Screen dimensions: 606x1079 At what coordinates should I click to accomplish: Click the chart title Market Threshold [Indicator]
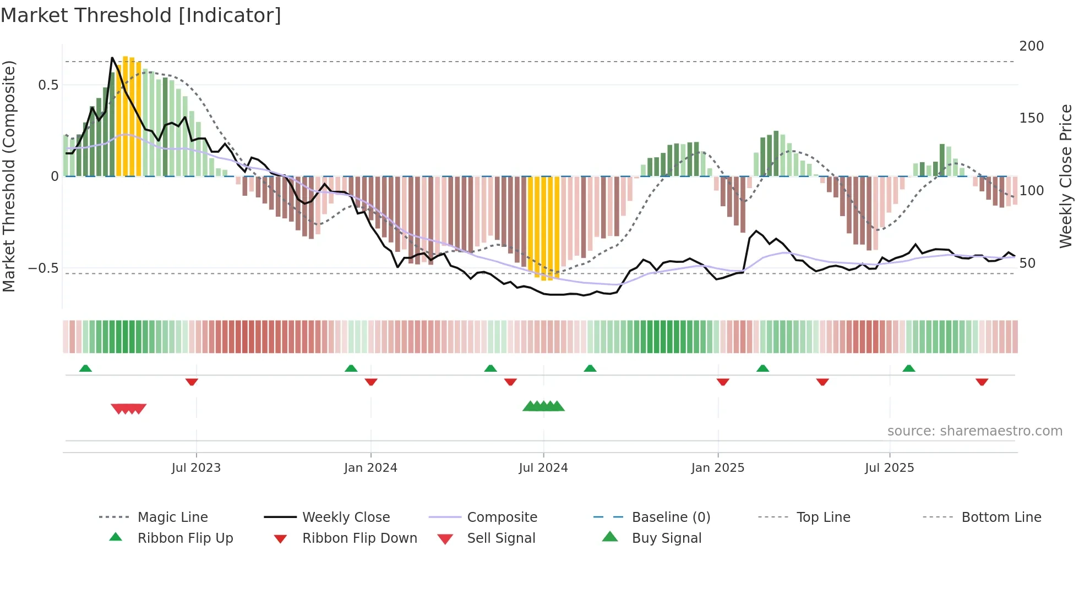tap(141, 15)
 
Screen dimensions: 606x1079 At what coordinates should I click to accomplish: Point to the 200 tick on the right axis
tap(1031, 46)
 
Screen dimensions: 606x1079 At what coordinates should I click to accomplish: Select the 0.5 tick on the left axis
tap(48, 85)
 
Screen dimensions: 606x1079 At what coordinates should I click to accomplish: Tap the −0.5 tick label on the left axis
tap(43, 268)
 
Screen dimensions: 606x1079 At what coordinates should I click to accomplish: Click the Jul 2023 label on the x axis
tap(196, 468)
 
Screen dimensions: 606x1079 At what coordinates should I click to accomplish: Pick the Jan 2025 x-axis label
tap(717, 468)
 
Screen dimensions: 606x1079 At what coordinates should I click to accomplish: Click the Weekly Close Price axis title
tap(1066, 176)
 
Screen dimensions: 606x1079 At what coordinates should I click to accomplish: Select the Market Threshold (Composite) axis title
tap(9, 176)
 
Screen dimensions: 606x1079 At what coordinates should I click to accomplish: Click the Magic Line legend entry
tap(172, 517)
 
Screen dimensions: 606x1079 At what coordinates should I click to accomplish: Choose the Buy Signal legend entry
tap(666, 538)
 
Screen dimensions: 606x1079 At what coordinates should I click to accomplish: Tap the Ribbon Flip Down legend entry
tap(359, 538)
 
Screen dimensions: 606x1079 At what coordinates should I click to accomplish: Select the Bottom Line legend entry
tap(1001, 517)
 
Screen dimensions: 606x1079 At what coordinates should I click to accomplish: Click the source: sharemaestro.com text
tap(974, 431)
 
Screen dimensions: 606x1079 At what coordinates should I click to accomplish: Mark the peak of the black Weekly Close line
tap(112, 58)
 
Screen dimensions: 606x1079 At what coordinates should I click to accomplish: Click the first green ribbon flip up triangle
tap(85, 368)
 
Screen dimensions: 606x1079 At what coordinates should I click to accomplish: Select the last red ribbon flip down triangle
tap(982, 382)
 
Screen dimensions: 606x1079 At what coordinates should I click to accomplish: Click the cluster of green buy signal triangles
tap(543, 406)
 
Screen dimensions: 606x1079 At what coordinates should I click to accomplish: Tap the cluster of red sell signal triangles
tap(129, 409)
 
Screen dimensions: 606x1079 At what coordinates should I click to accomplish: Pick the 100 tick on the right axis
tap(1031, 191)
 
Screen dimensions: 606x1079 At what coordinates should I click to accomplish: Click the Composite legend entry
tap(502, 517)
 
